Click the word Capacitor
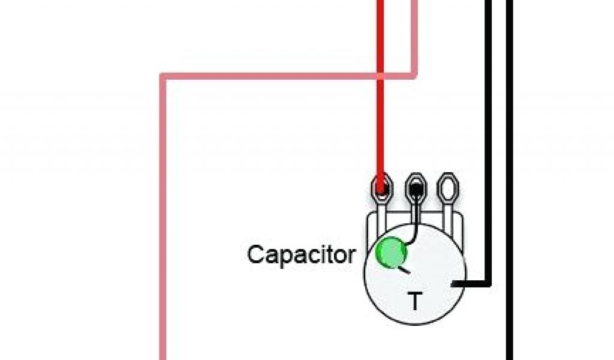click(x=301, y=254)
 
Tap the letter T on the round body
click(x=414, y=301)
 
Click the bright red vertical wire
click(x=380, y=120)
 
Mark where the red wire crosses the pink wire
click(x=380, y=76)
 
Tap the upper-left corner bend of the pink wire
click(x=162, y=76)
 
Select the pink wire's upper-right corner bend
click(x=414, y=76)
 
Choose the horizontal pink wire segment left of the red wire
click(x=270, y=76)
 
